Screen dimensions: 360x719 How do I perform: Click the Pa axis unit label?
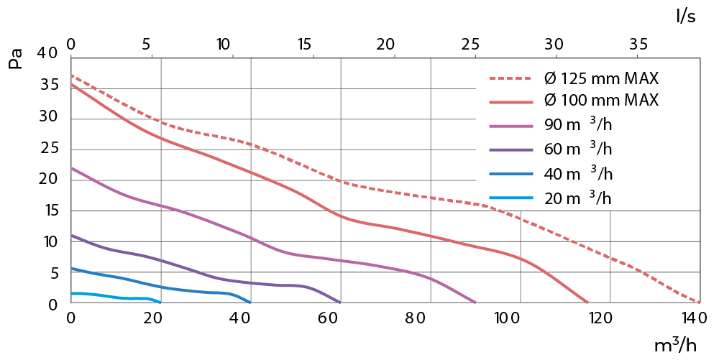[x=16, y=58]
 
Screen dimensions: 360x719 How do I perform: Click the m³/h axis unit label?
[x=675, y=345]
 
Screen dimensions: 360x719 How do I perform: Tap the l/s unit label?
[x=686, y=16]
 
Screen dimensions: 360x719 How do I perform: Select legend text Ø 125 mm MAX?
[x=602, y=78]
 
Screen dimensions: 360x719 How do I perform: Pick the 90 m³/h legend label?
[x=578, y=126]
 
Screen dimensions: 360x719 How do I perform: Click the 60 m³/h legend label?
[x=578, y=149]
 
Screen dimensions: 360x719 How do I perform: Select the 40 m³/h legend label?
[x=578, y=173]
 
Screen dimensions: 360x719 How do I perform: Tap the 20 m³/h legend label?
[x=578, y=197]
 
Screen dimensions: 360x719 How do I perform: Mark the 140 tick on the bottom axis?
[x=691, y=318]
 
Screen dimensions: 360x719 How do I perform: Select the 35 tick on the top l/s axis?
[x=638, y=44]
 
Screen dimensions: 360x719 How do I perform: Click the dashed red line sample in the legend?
[x=513, y=78]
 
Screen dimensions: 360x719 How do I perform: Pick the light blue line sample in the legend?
[x=513, y=197]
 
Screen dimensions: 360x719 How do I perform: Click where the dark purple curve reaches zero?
[x=340, y=303]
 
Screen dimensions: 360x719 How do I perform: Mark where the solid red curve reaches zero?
[x=588, y=303]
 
